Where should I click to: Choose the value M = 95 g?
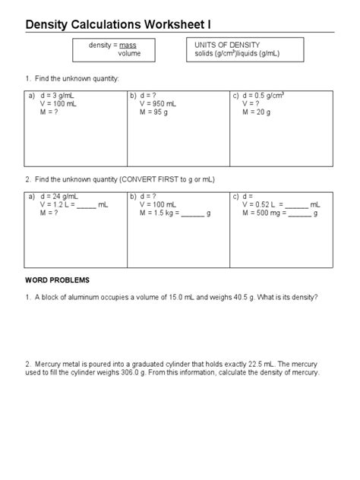click(155, 112)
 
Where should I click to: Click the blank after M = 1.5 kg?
click(193, 214)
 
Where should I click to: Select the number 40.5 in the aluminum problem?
click(236, 297)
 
